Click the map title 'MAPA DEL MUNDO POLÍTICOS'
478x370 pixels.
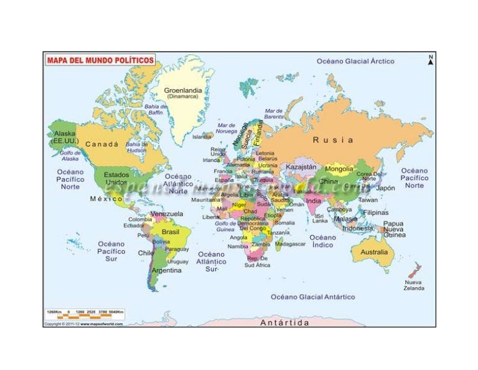click(100, 60)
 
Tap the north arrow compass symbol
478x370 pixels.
click(430, 60)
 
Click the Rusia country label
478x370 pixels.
click(332, 140)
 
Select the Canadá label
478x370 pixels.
click(101, 144)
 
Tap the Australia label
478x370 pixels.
click(373, 252)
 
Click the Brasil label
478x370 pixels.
click(171, 232)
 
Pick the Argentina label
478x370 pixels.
click(167, 271)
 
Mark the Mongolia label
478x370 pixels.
click(339, 169)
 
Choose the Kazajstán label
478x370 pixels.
click(301, 167)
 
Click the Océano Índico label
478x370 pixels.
click(322, 241)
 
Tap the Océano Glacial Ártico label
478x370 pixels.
click(355, 62)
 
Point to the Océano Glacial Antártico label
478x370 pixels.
click(312, 297)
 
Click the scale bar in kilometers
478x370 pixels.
click(85, 315)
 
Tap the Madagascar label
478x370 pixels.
click(290, 244)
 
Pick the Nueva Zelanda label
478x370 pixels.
click(414, 285)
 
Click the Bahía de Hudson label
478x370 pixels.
click(136, 147)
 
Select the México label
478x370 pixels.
click(103, 199)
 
